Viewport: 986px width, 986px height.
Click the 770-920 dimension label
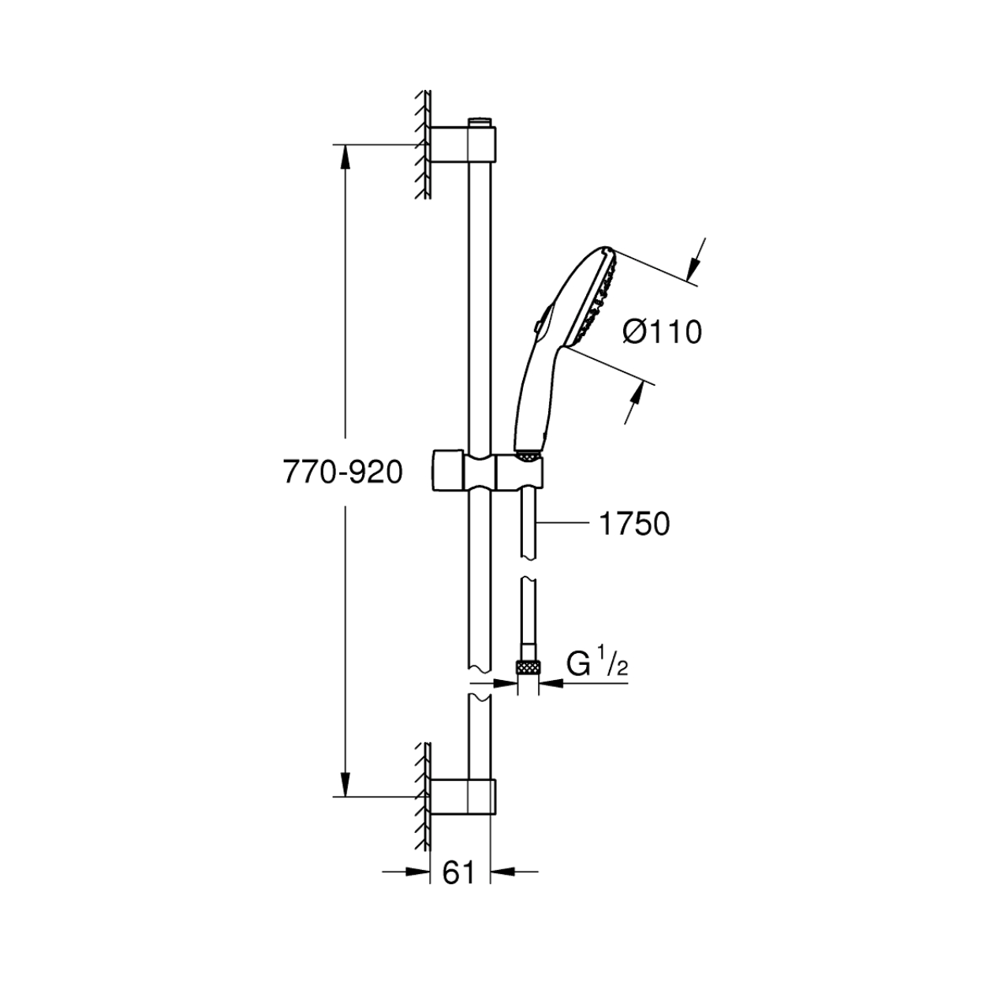pos(343,472)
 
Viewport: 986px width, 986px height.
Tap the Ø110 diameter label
pos(662,333)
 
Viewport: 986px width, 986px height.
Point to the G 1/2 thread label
pos(596,666)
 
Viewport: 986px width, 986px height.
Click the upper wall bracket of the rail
pos(463,145)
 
